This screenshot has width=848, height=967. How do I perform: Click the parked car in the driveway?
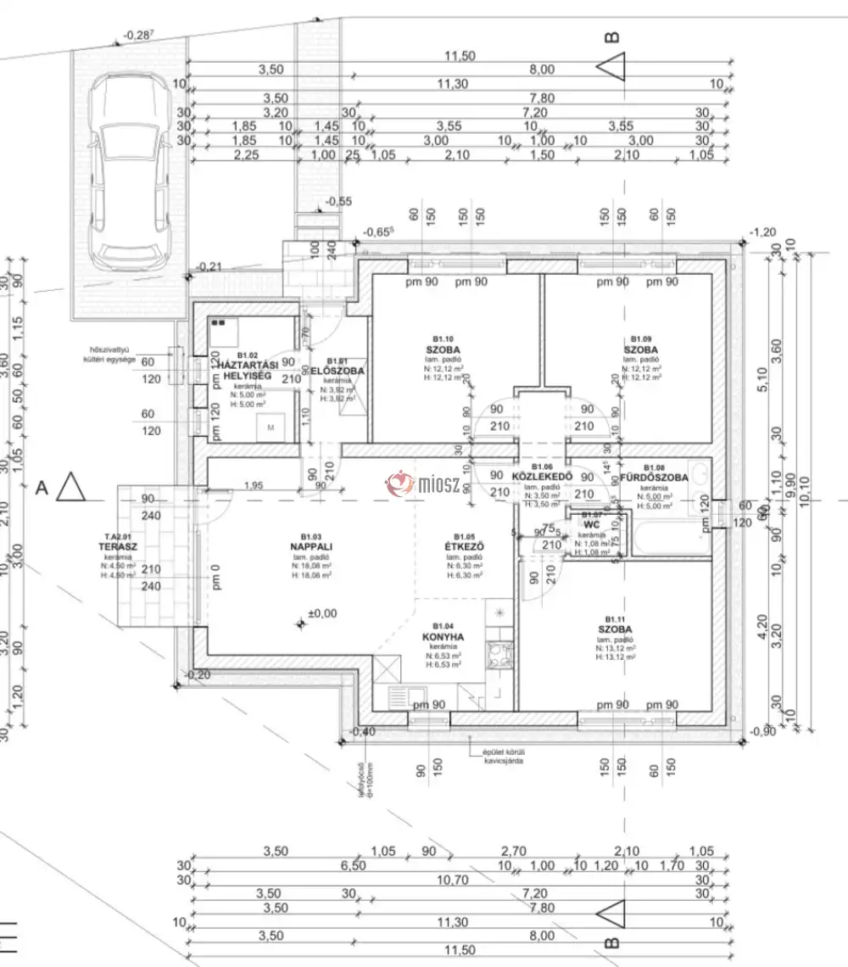129,169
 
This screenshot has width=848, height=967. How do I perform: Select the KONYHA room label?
443,636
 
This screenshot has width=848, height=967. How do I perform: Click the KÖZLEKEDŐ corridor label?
542,478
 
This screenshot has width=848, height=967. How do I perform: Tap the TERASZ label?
118,548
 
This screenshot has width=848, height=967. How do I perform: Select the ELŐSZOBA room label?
338,372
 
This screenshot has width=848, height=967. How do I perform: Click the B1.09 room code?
640,338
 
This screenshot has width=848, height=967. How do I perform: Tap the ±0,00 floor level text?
322,613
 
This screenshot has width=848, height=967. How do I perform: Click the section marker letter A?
41,488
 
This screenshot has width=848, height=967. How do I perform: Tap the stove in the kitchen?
496,652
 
